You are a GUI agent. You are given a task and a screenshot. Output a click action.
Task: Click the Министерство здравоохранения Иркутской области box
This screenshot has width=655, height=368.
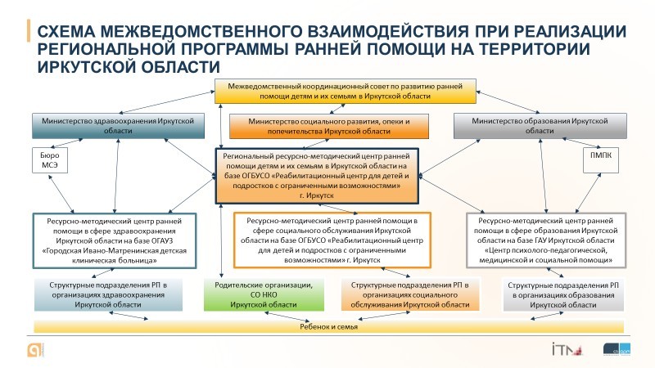114,125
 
